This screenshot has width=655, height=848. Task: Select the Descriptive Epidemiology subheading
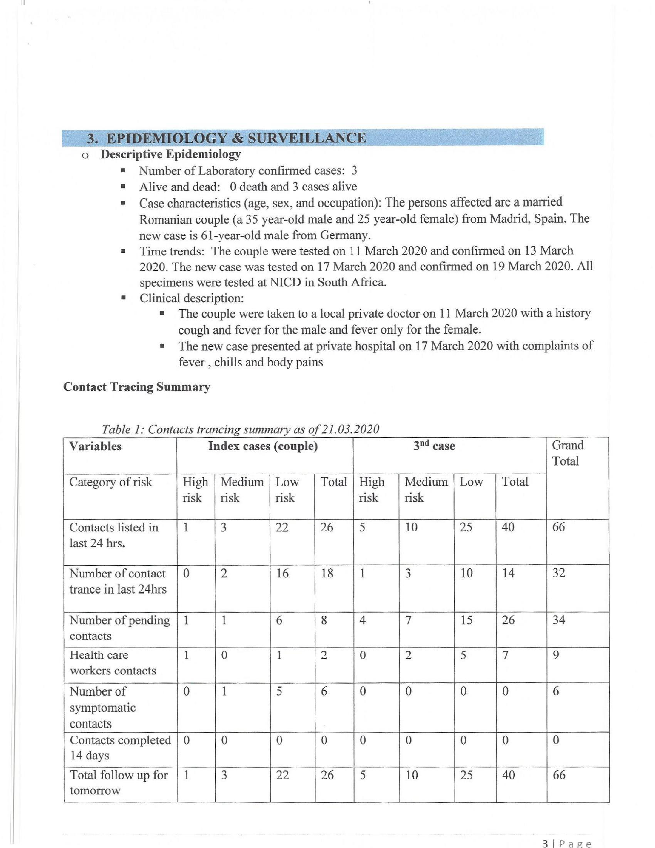[170, 154]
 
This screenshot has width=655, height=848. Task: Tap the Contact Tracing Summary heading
[137, 387]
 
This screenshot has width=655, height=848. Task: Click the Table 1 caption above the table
[240, 429]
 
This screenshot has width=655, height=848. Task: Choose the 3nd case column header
[434, 446]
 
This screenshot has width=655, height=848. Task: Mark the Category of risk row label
[110, 482]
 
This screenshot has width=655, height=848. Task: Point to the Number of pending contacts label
[119, 628]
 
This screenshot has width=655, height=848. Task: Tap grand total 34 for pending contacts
[559, 620]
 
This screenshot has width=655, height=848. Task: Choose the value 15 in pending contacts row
[466, 620]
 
